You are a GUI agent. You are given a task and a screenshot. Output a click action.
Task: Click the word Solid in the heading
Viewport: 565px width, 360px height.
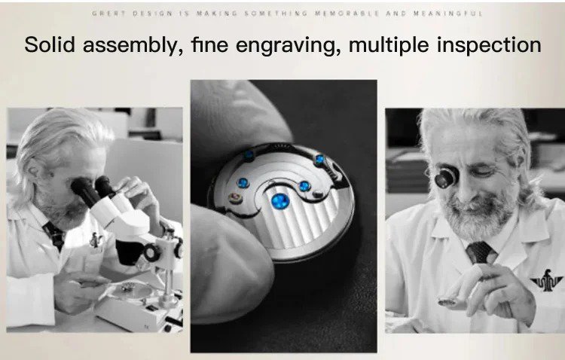click(x=50, y=44)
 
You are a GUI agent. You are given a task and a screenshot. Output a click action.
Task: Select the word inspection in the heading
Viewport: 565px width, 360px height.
click(x=489, y=45)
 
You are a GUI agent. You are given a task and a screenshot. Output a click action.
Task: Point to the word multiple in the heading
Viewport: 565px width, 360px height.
click(x=389, y=45)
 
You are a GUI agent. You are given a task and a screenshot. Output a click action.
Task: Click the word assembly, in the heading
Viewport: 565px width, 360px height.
click(x=133, y=45)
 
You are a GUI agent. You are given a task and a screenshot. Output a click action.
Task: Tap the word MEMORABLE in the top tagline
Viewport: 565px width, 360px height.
click(x=347, y=14)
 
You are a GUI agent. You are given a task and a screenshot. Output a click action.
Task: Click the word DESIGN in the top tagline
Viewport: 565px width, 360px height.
click(x=152, y=14)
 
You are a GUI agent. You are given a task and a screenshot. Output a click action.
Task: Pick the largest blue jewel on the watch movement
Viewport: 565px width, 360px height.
click(x=279, y=201)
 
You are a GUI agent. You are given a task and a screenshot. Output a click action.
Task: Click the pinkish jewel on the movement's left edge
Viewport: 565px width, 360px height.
click(x=235, y=197)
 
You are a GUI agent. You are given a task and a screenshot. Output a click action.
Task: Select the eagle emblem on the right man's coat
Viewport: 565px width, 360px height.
click(x=546, y=280)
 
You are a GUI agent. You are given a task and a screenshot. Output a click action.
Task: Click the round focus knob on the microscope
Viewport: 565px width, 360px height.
click(x=152, y=252)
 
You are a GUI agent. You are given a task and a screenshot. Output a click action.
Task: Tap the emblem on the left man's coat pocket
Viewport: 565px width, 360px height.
click(x=96, y=240)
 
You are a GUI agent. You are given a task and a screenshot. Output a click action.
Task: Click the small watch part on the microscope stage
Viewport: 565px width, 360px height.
click(x=128, y=287)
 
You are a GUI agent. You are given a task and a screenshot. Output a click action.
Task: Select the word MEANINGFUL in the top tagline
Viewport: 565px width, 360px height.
click(x=447, y=14)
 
